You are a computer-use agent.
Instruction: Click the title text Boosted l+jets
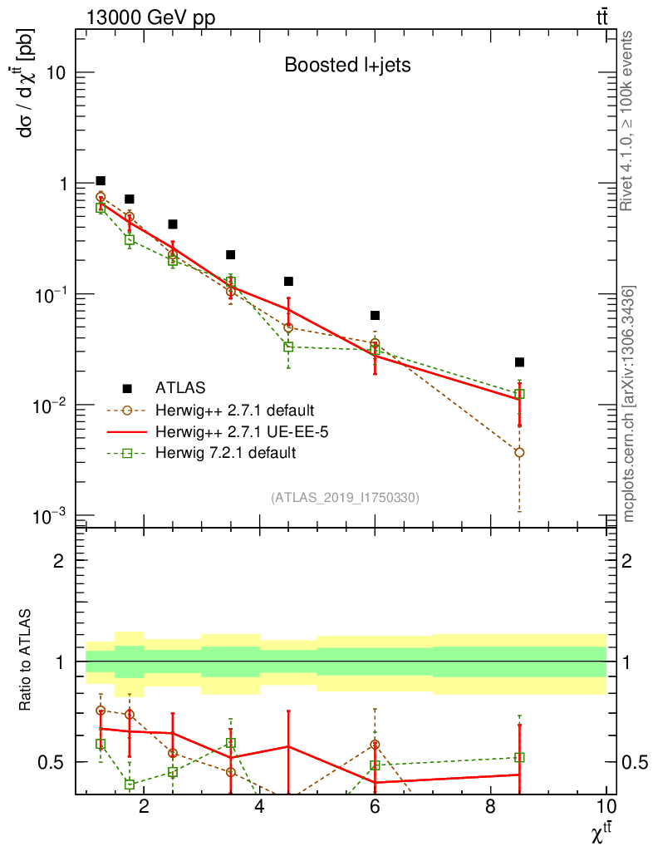click(347, 66)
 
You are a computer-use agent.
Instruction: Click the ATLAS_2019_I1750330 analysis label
click(345, 498)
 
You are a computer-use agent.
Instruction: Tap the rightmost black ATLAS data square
click(519, 362)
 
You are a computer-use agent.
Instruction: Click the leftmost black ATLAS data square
click(101, 180)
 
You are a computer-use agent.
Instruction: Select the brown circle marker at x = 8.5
click(519, 452)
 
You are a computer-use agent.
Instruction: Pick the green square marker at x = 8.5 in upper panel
click(519, 394)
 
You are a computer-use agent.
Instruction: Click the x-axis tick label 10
click(606, 805)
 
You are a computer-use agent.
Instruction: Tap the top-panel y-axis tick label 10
click(58, 73)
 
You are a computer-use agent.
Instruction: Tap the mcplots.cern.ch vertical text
click(628, 403)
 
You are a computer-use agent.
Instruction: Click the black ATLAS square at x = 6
click(375, 316)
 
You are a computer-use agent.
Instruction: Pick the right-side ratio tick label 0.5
click(631, 762)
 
